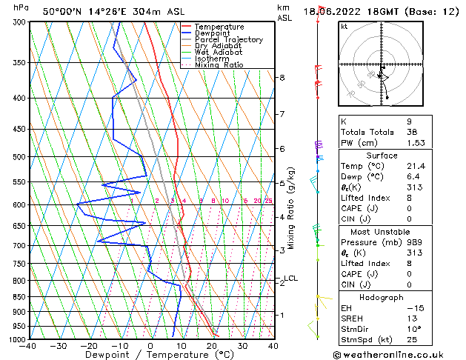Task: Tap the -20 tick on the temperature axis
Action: (x=89, y=345)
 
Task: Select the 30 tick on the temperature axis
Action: (x=242, y=345)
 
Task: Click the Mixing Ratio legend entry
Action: (x=219, y=65)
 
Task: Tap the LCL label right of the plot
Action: (x=290, y=279)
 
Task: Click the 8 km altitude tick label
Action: (x=282, y=77)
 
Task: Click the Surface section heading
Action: (x=382, y=156)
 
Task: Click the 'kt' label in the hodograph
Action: (x=344, y=26)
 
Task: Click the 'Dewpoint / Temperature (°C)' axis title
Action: (x=150, y=355)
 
